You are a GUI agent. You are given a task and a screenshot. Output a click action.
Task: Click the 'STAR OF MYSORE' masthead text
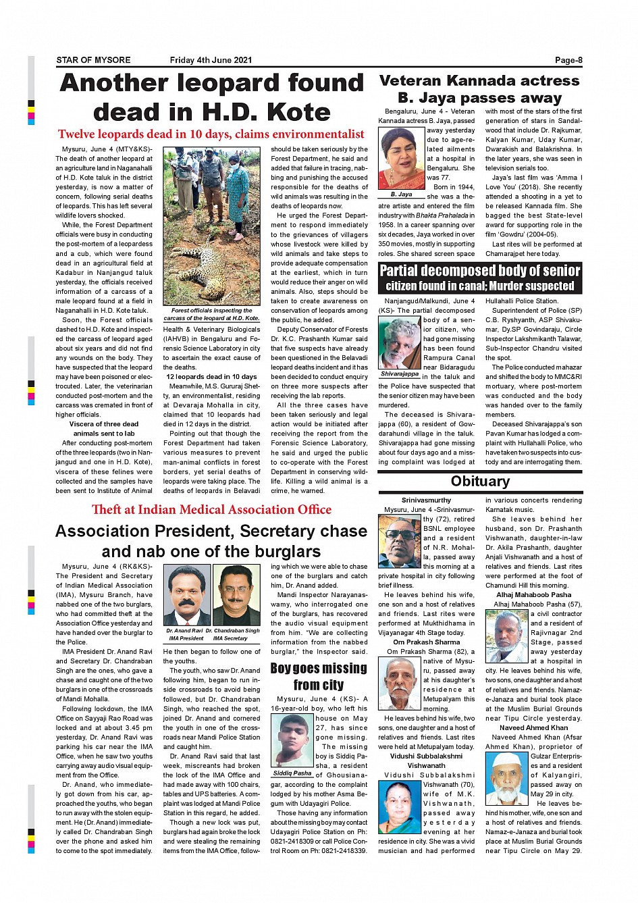click(x=93, y=60)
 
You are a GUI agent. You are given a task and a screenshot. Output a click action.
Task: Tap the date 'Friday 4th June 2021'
click(x=211, y=60)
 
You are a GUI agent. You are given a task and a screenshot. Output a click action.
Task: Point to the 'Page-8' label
click(x=568, y=60)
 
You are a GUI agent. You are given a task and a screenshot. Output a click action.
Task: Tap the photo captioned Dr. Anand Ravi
click(x=187, y=596)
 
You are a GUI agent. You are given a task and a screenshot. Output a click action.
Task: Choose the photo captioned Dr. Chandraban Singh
click(x=236, y=596)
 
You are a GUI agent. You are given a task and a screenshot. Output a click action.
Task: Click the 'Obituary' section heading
click(x=480, y=481)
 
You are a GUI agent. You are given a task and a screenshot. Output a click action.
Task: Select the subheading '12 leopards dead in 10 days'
click(x=211, y=377)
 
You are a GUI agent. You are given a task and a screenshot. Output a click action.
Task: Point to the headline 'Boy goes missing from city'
click(x=319, y=676)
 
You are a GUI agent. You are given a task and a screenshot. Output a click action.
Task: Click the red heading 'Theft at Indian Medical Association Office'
click(x=211, y=510)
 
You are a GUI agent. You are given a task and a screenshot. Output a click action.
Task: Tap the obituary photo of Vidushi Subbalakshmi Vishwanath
click(x=400, y=808)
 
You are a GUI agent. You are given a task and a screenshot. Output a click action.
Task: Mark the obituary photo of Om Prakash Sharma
click(x=400, y=683)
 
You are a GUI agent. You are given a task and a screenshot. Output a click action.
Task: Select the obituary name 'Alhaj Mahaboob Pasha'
click(x=533, y=595)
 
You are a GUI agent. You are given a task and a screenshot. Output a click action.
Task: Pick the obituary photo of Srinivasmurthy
click(x=400, y=541)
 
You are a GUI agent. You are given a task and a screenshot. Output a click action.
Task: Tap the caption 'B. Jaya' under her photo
click(x=401, y=195)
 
